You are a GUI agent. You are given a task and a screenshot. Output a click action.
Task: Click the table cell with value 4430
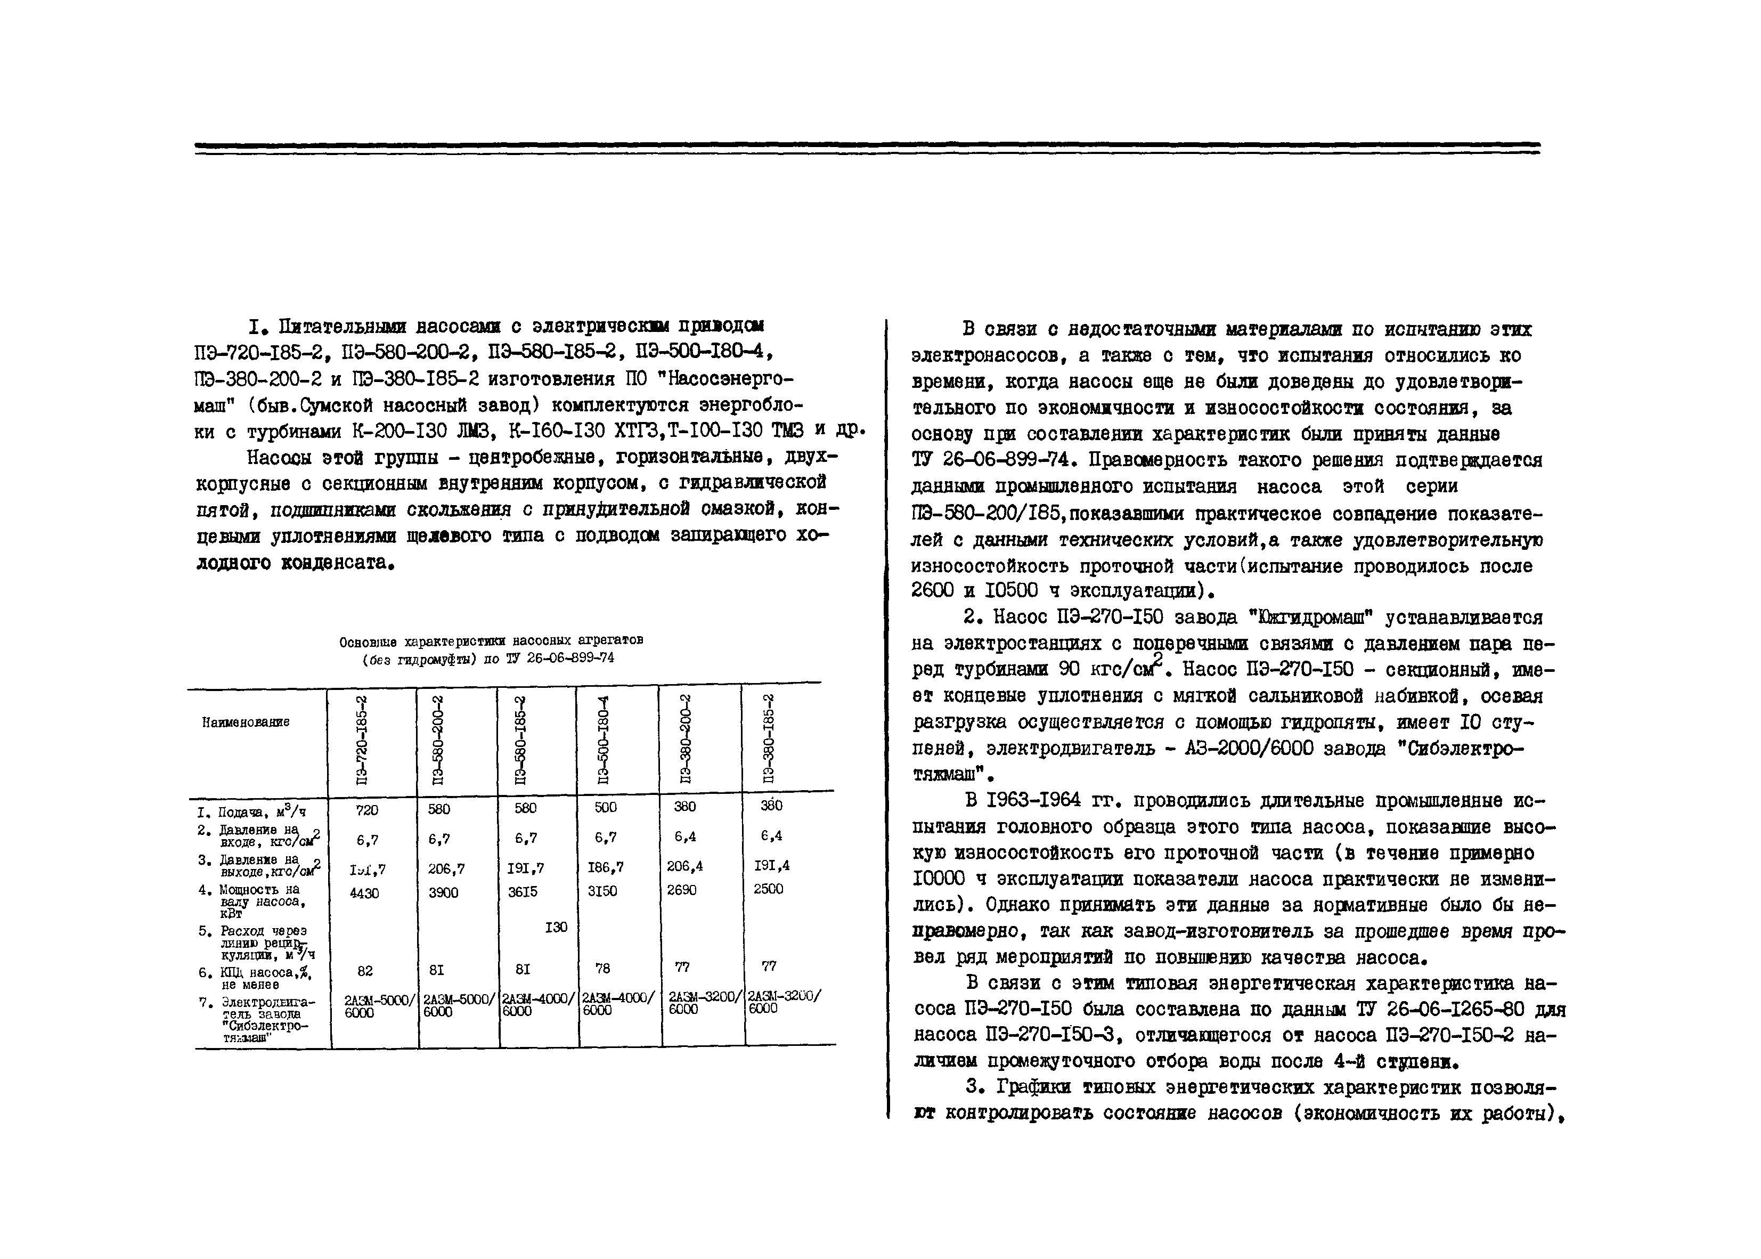click(x=364, y=893)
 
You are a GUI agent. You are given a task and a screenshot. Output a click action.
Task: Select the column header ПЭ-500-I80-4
click(x=605, y=741)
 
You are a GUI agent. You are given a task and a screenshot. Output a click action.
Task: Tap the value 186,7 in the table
click(x=605, y=867)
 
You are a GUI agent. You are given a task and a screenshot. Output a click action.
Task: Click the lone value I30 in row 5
click(x=556, y=927)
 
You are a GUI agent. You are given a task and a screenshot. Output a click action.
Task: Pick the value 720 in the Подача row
click(x=366, y=810)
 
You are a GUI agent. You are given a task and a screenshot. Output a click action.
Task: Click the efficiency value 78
click(x=603, y=968)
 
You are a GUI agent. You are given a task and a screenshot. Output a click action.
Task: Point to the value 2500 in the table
click(x=768, y=888)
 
